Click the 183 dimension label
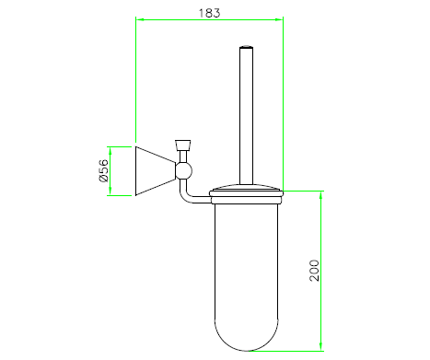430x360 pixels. point(209,13)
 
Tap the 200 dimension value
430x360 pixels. point(314,270)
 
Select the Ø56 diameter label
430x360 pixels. point(104,170)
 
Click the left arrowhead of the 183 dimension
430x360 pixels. point(140,19)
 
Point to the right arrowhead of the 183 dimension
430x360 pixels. point(279,19)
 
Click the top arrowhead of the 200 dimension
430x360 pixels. point(321,195)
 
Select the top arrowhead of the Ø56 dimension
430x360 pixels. point(110,151)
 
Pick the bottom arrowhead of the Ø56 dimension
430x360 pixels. point(110,192)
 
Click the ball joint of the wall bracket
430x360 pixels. point(183,170)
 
